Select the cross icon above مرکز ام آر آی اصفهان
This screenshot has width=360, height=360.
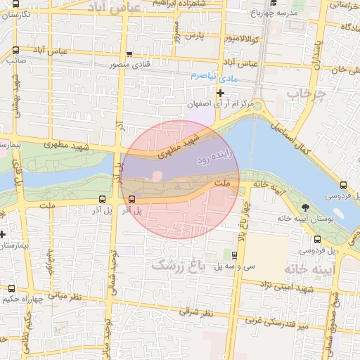click(221, 93)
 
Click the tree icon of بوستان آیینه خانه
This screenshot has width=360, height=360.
click(305, 207)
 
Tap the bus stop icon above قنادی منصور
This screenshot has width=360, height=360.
click(130, 55)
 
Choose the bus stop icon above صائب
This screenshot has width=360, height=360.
click(15, 50)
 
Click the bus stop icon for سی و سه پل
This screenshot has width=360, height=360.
click(235, 255)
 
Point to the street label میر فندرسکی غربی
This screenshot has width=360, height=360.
click(276, 321)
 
